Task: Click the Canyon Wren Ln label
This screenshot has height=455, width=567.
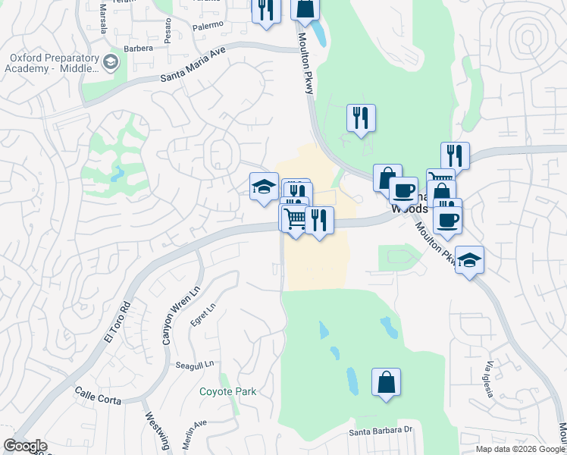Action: pos(171,315)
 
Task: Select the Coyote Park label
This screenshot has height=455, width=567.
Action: pos(227,392)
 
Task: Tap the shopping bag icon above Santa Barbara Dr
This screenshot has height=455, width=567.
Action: pos(386,381)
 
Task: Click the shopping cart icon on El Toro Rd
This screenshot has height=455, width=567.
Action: pos(294,218)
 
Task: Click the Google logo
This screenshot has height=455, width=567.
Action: pos(25,446)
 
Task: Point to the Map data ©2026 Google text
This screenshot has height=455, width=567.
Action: pos(520,449)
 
